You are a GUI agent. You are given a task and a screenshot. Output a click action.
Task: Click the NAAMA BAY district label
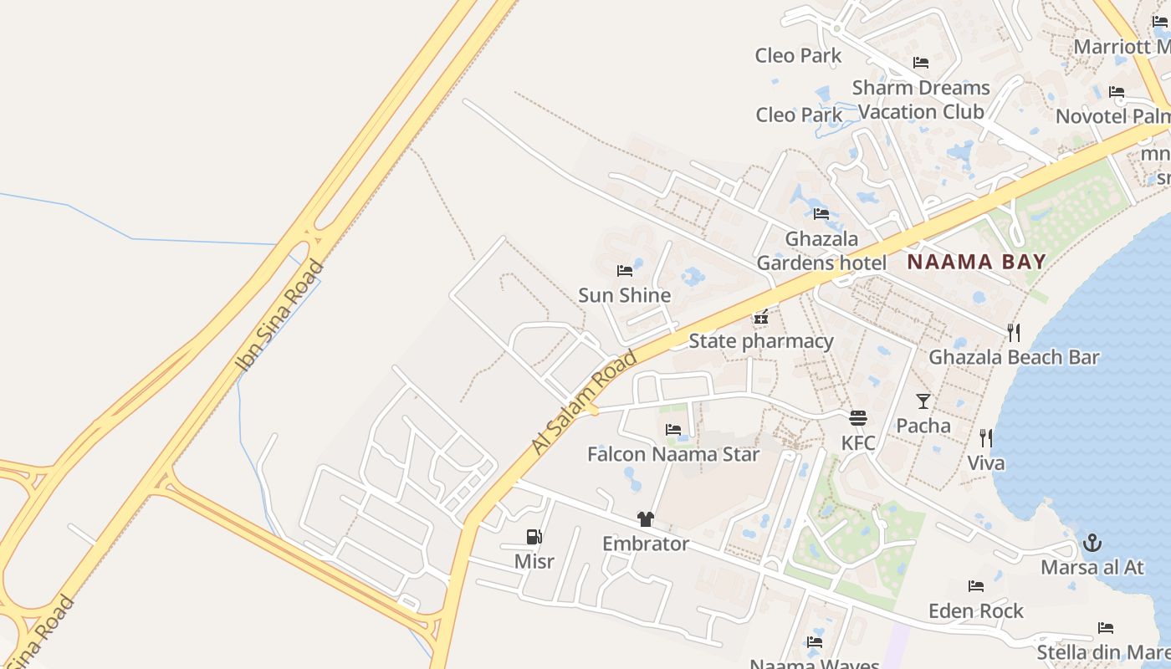(x=976, y=262)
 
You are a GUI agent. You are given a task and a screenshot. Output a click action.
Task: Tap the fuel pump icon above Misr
(x=534, y=537)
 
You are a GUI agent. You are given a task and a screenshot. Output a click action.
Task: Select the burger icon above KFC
(x=858, y=418)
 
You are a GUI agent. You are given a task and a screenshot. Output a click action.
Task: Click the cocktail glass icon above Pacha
(x=923, y=401)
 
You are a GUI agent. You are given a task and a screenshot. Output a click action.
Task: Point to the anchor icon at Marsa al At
(x=1092, y=544)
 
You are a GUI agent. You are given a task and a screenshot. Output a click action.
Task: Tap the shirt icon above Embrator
(x=645, y=519)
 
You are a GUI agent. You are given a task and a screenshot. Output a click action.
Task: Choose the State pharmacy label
(x=761, y=341)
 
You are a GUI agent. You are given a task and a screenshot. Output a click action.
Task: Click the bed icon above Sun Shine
(x=625, y=271)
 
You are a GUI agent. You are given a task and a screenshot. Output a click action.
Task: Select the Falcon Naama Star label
(x=673, y=455)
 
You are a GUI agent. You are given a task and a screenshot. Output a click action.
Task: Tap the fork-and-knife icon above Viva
(x=986, y=438)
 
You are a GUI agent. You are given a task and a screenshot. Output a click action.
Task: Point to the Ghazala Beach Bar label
(x=1014, y=358)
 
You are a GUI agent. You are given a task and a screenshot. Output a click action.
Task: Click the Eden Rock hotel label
(x=976, y=611)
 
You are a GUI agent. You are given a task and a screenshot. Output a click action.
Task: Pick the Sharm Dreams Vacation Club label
(x=921, y=100)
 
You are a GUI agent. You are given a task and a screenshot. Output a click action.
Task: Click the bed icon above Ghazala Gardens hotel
(x=821, y=214)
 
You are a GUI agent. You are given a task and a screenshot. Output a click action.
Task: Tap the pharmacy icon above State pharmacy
(x=761, y=317)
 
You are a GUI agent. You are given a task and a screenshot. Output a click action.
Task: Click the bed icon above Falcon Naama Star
(x=673, y=431)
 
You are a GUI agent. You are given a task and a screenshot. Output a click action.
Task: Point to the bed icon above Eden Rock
(x=976, y=586)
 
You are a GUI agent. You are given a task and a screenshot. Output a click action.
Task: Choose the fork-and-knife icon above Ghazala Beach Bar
(x=1014, y=333)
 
